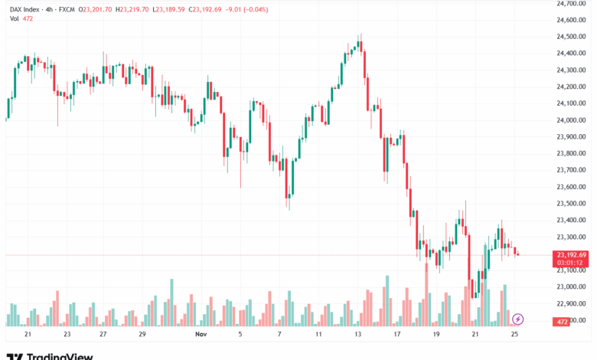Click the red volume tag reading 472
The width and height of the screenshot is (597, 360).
[563, 322]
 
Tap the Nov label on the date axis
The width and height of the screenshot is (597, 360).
[201, 335]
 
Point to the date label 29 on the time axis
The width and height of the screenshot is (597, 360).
[142, 335]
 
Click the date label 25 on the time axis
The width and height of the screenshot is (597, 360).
[515, 335]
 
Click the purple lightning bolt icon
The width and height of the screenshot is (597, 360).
[518, 319]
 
